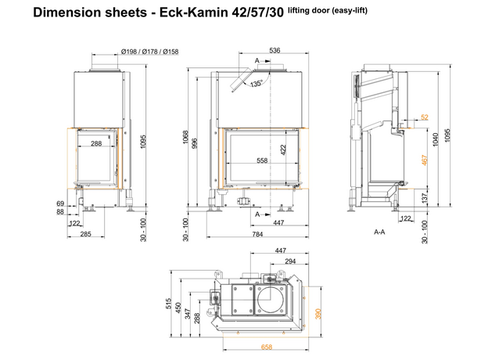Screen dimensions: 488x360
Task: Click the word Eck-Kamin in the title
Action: point(194,13)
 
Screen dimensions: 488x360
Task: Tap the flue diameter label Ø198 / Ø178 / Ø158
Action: point(149,52)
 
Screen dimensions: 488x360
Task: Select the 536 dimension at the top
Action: point(274,50)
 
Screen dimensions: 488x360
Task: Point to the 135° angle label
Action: point(257,84)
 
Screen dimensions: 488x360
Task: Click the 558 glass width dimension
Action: point(262,160)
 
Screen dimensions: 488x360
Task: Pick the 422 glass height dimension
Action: point(283,149)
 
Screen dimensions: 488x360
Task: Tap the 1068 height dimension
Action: point(185,137)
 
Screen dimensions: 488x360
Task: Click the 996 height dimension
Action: point(195,143)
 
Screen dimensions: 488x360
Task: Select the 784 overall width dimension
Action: point(258,234)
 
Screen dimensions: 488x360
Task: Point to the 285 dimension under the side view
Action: point(85,234)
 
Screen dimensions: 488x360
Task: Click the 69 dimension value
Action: point(60,203)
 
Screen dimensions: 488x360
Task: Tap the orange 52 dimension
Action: point(425,117)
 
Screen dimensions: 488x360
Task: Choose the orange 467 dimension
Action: point(425,160)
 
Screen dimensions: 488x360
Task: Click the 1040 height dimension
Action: point(436,139)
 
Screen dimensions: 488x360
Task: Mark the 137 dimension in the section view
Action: point(425,197)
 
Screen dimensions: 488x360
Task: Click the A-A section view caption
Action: point(379,232)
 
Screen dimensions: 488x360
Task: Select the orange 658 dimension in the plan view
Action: point(267,347)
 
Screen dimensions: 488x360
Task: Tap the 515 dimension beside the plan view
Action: point(168,304)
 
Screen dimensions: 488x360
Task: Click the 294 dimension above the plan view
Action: point(290,261)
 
